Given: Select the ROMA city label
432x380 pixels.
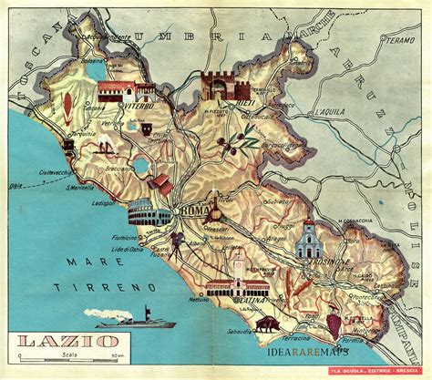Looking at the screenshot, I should point(195,212).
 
